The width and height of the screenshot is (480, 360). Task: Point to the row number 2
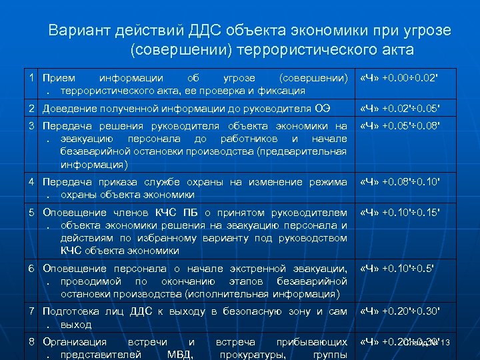pos(32,108)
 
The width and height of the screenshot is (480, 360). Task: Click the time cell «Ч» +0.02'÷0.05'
pos(400,108)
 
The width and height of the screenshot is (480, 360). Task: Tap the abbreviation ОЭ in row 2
pos(340,108)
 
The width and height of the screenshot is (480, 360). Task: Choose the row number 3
pos(32,125)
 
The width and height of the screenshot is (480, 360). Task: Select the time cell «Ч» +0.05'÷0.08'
pos(400,125)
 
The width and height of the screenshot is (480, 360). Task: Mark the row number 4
pos(32,182)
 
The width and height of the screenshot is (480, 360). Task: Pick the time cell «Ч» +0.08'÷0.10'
pos(400,182)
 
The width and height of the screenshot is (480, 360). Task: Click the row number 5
pos(32,213)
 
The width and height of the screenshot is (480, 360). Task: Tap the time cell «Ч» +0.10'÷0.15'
pos(400,213)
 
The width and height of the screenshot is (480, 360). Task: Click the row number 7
pos(32,311)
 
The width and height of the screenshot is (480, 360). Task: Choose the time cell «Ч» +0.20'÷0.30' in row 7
pos(400,311)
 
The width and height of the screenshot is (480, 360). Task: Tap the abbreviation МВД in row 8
pos(179,354)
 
